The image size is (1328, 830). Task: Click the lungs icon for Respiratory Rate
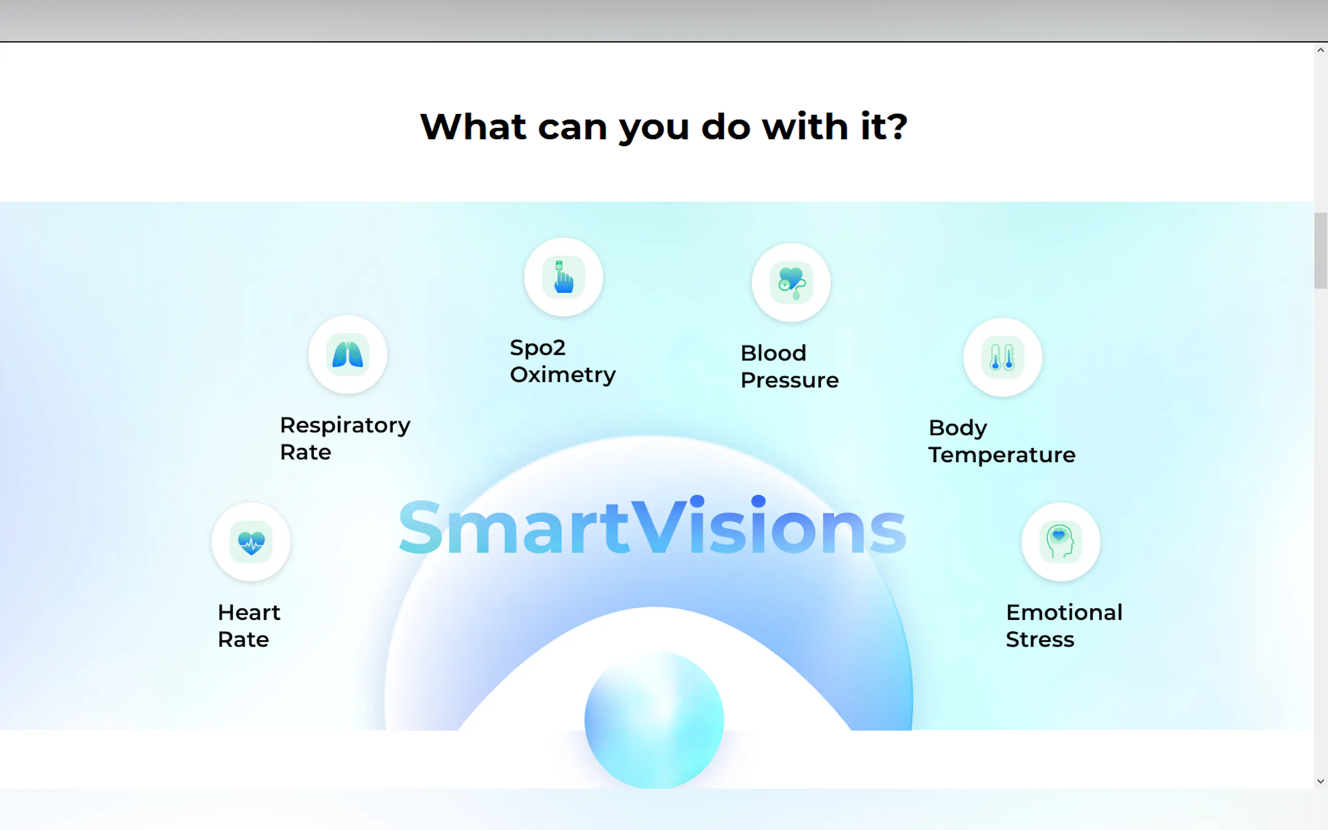tap(348, 354)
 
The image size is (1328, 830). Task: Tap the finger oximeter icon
tap(563, 277)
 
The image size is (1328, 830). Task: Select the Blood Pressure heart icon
tap(791, 283)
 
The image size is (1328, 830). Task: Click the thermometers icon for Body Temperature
tap(1002, 358)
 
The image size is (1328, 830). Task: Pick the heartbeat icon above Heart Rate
tap(251, 543)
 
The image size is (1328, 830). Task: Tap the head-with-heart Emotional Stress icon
tap(1061, 543)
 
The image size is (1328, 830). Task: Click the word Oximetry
tap(563, 375)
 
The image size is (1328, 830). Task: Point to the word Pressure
tap(789, 381)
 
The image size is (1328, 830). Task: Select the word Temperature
tap(1002, 455)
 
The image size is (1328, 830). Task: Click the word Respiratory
tap(345, 426)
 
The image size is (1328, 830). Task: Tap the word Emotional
tap(1064, 612)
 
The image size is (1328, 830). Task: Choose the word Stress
tap(1040, 640)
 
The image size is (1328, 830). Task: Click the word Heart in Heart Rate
tap(249, 612)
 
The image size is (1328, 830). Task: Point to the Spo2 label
tap(537, 348)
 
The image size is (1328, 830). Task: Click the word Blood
tap(773, 353)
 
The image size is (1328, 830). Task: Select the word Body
tap(958, 428)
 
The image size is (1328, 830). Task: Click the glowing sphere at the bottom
tap(654, 720)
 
